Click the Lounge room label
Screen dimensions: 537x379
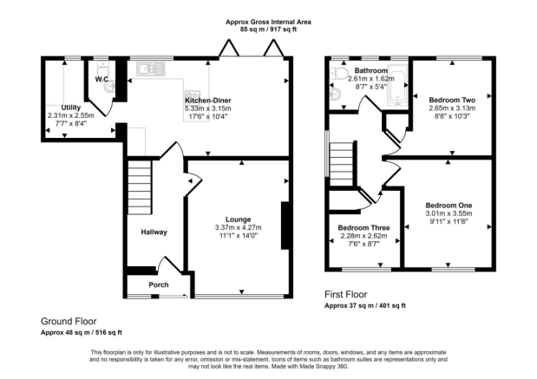pyautogui.click(x=238, y=219)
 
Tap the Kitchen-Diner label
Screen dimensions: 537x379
pyautogui.click(x=208, y=101)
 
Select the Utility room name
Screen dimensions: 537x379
pyautogui.click(x=71, y=108)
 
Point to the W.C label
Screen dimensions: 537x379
pyautogui.click(x=102, y=80)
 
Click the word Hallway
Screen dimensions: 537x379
pyautogui.click(x=154, y=232)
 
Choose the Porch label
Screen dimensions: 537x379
pyautogui.click(x=159, y=284)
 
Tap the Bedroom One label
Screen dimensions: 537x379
pyautogui.click(x=449, y=206)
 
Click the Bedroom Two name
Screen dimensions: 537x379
pyautogui.click(x=452, y=101)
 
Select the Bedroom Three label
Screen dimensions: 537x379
pyautogui.click(x=363, y=228)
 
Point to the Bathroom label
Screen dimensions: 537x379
pyautogui.click(x=371, y=70)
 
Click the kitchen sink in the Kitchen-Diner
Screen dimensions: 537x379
pyautogui.click(x=151, y=69)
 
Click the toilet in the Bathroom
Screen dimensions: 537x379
pyautogui.click(x=338, y=72)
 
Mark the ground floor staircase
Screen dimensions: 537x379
pyautogui.click(x=140, y=187)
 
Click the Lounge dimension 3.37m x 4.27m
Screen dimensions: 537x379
pyautogui.click(x=238, y=228)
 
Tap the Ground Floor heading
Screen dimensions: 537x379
pyautogui.click(x=69, y=322)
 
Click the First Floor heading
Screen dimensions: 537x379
pyautogui.click(x=346, y=294)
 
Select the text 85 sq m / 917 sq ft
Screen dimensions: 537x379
pyautogui.click(x=269, y=29)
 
